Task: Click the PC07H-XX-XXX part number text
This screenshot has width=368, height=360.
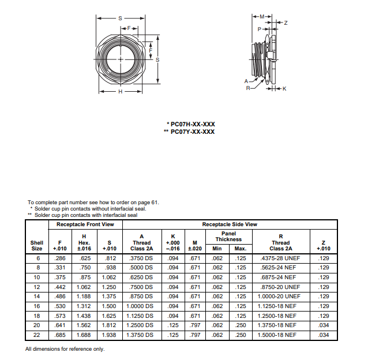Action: [193, 124]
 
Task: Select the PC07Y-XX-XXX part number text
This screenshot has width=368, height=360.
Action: [193, 132]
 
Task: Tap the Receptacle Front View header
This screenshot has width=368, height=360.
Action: [85, 224]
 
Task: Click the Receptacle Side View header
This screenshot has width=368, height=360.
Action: [230, 224]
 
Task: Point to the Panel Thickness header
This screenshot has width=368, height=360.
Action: [229, 237]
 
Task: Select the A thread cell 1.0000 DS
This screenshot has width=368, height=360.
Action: [141, 306]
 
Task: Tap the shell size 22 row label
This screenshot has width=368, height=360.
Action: [36, 335]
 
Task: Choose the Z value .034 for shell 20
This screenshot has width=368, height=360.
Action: [323, 325]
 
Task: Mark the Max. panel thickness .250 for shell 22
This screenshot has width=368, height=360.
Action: [241, 335]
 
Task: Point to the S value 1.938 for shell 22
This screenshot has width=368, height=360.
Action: [110, 335]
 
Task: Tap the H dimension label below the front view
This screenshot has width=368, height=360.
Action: [120, 92]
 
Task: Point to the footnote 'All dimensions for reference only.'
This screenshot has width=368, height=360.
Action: [65, 349]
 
